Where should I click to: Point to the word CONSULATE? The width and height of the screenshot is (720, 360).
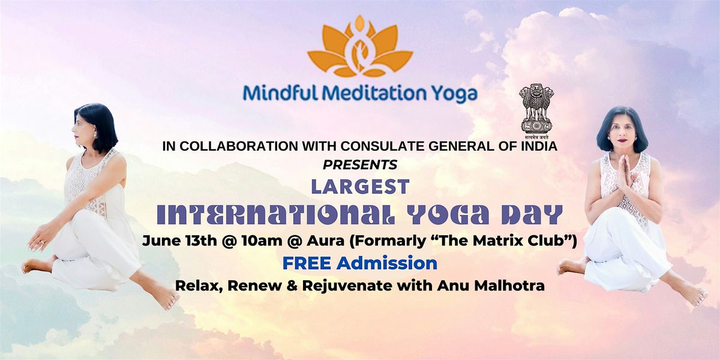pyautogui.click(x=383, y=146)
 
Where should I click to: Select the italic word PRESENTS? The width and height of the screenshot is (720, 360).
pyautogui.click(x=360, y=165)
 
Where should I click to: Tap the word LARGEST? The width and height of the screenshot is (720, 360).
pyautogui.click(x=361, y=187)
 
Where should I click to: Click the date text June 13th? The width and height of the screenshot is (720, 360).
pyautogui.click(x=179, y=241)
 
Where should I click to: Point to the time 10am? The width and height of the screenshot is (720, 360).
pyautogui.click(x=262, y=241)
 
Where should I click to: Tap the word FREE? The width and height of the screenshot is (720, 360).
pyautogui.click(x=307, y=263)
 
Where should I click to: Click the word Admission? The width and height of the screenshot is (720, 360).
pyautogui.click(x=387, y=263)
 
